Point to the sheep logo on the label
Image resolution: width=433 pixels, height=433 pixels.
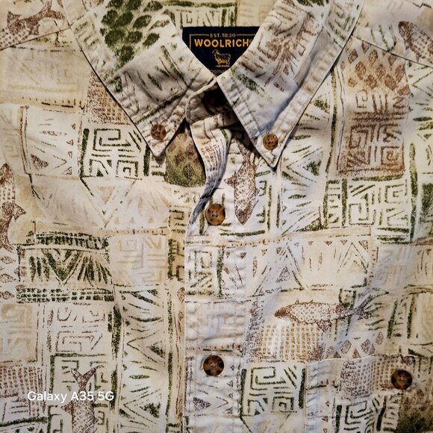222,57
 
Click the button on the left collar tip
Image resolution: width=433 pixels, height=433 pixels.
158,131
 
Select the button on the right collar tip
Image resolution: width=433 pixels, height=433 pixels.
270,140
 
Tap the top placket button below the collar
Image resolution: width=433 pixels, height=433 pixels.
215,214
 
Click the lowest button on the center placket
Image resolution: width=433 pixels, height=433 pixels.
214,365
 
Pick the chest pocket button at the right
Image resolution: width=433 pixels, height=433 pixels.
401,379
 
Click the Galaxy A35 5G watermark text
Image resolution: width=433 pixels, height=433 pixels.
70,396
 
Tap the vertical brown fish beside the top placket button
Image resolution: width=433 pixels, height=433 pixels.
243,187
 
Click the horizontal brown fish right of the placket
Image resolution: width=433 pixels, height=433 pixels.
314,312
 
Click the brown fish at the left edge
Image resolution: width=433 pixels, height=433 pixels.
9,209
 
